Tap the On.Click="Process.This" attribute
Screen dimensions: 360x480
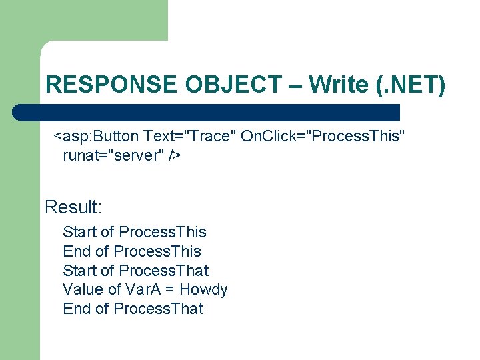tap(323, 137)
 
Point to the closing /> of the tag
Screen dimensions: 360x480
tap(175, 156)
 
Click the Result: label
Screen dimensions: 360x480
tap(73, 207)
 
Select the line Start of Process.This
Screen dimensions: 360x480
tap(135, 232)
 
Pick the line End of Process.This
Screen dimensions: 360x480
tap(132, 251)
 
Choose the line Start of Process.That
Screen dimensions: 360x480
tap(135, 271)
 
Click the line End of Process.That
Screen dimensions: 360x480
tap(133, 309)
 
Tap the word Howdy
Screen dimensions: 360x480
tap(204, 289)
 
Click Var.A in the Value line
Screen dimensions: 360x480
tap(142, 289)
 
